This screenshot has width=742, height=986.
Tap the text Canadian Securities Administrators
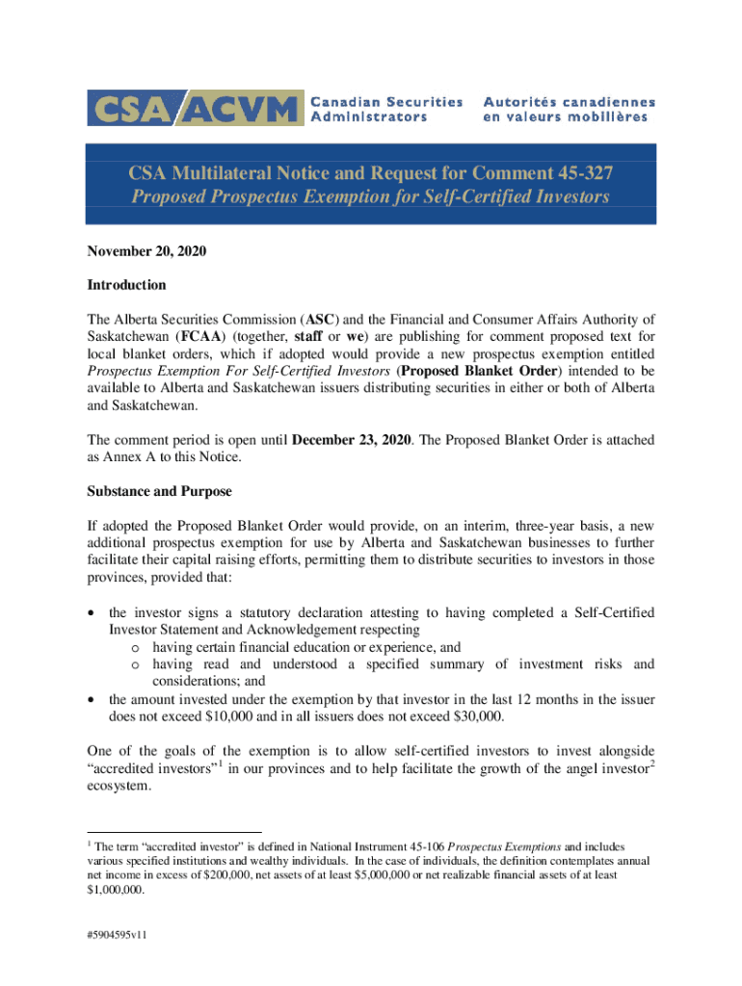(385, 108)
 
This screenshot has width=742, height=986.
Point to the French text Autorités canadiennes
(569, 101)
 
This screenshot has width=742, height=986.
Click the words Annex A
(127, 457)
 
